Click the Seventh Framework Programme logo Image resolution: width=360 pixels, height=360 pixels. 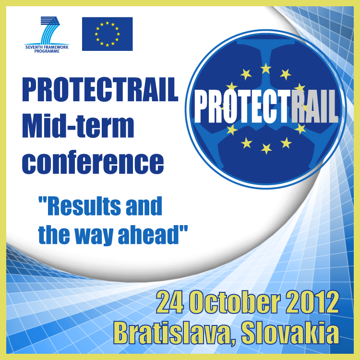pyautogui.click(x=47, y=35)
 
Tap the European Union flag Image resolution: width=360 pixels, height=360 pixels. pyautogui.click(x=107, y=34)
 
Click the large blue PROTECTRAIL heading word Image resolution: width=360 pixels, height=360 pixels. pyautogui.click(x=100, y=90)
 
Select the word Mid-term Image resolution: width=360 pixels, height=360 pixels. pyautogui.click(x=78, y=126)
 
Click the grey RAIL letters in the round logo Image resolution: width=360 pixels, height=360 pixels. pyautogui.click(x=315, y=106)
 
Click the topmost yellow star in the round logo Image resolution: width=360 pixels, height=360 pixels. pyautogui.click(x=265, y=69)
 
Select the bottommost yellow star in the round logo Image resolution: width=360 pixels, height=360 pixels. pyautogui.click(x=266, y=148)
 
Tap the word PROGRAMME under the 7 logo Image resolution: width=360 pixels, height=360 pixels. pyautogui.click(x=47, y=51)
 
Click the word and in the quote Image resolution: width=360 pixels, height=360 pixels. pyautogui.click(x=144, y=206)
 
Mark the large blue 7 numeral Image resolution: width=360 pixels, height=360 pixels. pyautogui.click(x=50, y=30)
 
